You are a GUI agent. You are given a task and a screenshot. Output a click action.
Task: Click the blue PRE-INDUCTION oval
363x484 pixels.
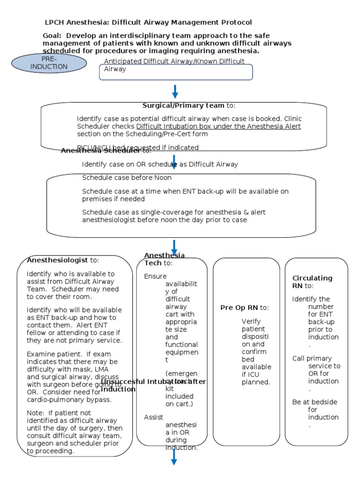(x=49, y=63)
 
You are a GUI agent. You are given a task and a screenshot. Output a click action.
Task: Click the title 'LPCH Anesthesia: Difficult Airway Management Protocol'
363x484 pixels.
(x=148, y=22)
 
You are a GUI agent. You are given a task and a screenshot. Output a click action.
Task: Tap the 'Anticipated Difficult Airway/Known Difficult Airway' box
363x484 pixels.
(x=175, y=69)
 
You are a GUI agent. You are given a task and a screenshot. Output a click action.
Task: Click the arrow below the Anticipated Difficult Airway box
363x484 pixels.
(x=175, y=92)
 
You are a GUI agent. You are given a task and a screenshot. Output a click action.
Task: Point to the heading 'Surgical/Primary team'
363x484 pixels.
(x=183, y=105)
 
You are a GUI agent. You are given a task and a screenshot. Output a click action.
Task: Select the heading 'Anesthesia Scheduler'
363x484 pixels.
(x=100, y=151)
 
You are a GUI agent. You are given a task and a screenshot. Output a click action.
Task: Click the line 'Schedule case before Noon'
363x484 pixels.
(x=127, y=178)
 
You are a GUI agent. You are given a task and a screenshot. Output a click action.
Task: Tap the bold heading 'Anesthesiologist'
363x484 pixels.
(x=57, y=260)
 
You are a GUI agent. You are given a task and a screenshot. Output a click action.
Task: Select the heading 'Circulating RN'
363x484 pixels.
(x=312, y=282)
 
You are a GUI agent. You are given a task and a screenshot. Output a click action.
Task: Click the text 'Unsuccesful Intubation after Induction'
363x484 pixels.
(x=153, y=385)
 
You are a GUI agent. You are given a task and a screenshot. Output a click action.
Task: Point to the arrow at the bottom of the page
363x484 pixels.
(x=174, y=457)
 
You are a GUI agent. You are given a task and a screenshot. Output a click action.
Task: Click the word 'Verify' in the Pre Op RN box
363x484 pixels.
(x=251, y=321)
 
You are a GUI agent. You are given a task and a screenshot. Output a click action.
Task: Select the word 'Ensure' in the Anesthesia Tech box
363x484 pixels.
(x=155, y=276)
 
